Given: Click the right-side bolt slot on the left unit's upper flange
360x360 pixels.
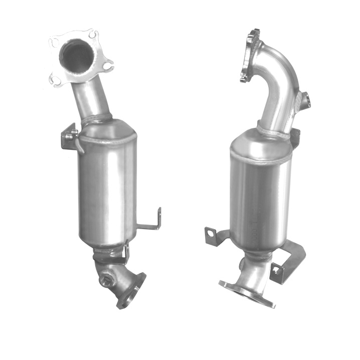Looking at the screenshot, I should click(106, 66).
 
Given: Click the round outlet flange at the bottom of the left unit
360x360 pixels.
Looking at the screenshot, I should click(131, 291).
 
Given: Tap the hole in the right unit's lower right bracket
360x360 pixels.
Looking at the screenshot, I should click(277, 271).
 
